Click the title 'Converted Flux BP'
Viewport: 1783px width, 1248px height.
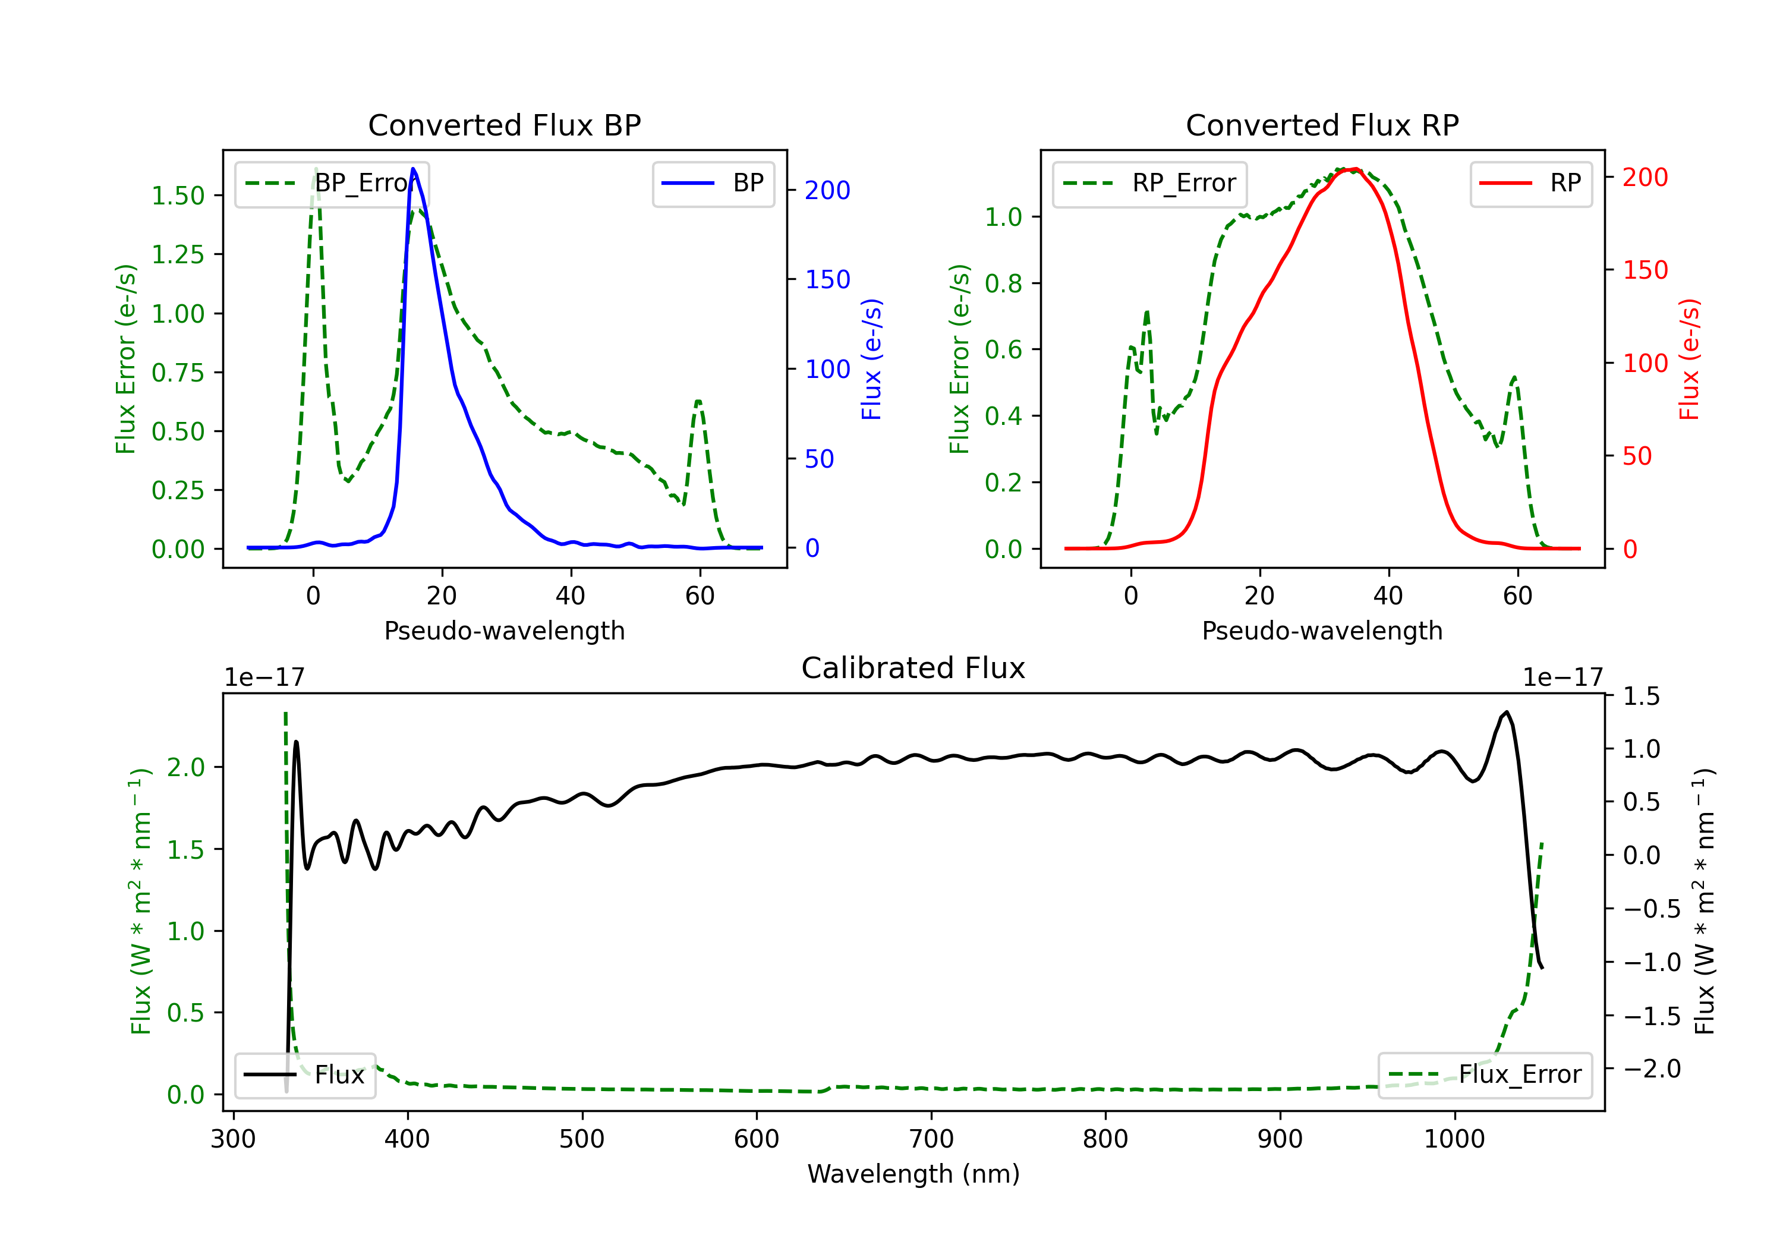504,125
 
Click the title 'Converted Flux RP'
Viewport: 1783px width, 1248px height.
1322,125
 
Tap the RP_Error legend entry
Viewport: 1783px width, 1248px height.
1149,183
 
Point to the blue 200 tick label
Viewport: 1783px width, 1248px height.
827,190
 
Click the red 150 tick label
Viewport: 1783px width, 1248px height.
1645,270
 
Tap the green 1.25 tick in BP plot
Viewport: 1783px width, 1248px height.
178,255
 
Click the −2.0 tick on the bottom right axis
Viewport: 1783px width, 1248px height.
1651,1069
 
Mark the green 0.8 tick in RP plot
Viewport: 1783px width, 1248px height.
1003,283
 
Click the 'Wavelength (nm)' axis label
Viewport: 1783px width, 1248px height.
913,1174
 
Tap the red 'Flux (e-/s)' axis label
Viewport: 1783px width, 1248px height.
1689,360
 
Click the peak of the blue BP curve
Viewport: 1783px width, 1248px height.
413,169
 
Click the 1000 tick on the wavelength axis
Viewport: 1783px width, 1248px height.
1454,1139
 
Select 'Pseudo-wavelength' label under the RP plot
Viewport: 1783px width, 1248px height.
1322,631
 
